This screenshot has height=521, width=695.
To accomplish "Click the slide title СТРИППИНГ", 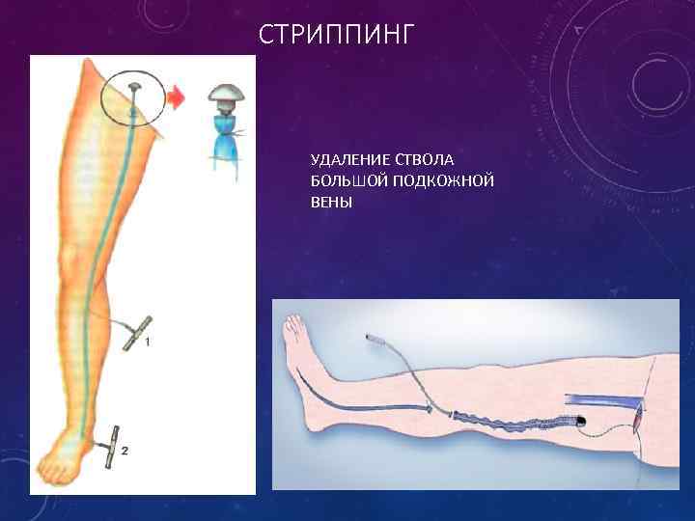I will [337, 36].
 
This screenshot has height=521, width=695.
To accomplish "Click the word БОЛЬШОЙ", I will [347, 179].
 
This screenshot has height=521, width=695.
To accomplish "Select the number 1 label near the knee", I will [147, 342].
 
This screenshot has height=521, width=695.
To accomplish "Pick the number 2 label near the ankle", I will [125, 450].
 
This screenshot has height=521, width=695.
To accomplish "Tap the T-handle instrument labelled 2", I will [111, 447].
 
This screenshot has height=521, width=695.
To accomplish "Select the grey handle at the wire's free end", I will [373, 341].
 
